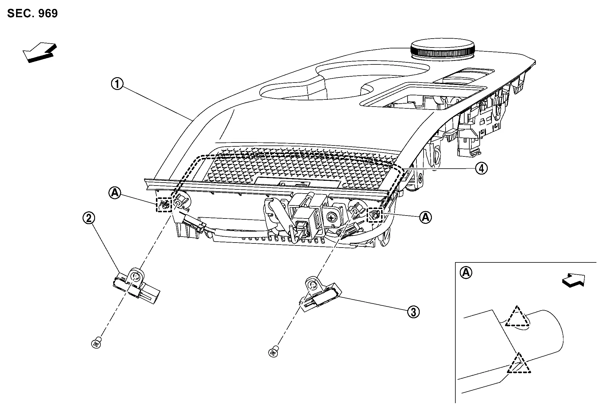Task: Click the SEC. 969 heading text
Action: click(x=32, y=14)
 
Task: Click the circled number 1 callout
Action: click(x=117, y=84)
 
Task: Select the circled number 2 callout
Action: click(x=89, y=218)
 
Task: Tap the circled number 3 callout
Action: click(x=413, y=312)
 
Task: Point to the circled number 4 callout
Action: click(x=481, y=169)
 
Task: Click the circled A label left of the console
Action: click(x=114, y=193)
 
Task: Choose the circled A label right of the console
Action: click(x=426, y=217)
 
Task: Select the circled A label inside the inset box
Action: click(x=465, y=272)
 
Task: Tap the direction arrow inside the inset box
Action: click(x=573, y=281)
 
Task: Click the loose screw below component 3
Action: click(x=274, y=352)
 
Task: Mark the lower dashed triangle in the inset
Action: click(x=519, y=365)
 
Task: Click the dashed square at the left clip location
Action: click(x=164, y=205)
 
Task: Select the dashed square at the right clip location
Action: click(x=375, y=214)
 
